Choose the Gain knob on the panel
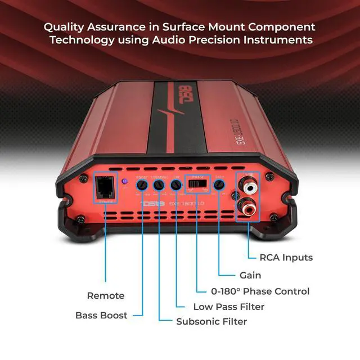pyautogui.click(x=219, y=184)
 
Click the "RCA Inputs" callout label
pyautogui.click(x=286, y=258)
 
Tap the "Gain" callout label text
pyautogui.click(x=247, y=275)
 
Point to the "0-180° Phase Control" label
pyautogui.click(x=260, y=291)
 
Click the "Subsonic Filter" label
pyautogui.click(x=211, y=322)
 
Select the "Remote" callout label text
pyautogui.click(x=106, y=295)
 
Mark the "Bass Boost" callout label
pyautogui.click(x=101, y=315)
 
